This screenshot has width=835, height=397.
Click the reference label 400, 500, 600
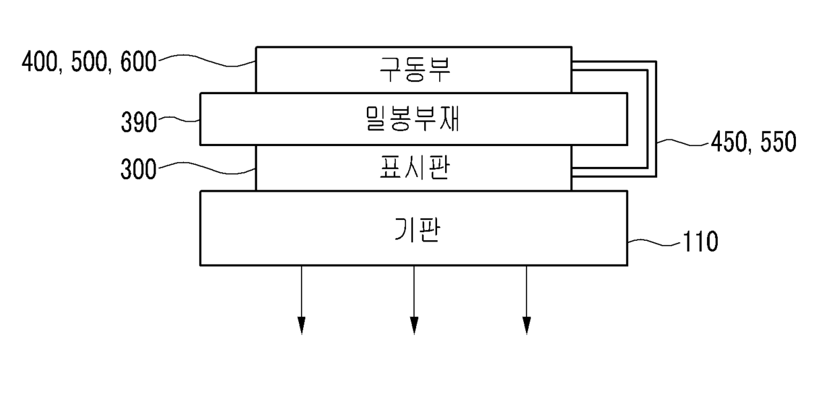(89, 63)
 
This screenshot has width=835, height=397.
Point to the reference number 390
(139, 122)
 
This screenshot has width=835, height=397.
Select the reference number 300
(139, 169)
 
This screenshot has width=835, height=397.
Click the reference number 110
(700, 242)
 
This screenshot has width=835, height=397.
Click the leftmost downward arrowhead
(301, 326)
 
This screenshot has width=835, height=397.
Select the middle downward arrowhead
(413, 326)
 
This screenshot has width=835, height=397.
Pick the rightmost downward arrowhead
(526, 326)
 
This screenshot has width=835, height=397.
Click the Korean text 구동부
(413, 69)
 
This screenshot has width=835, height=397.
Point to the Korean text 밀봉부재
(413, 118)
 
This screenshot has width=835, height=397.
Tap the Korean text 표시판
(413, 168)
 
